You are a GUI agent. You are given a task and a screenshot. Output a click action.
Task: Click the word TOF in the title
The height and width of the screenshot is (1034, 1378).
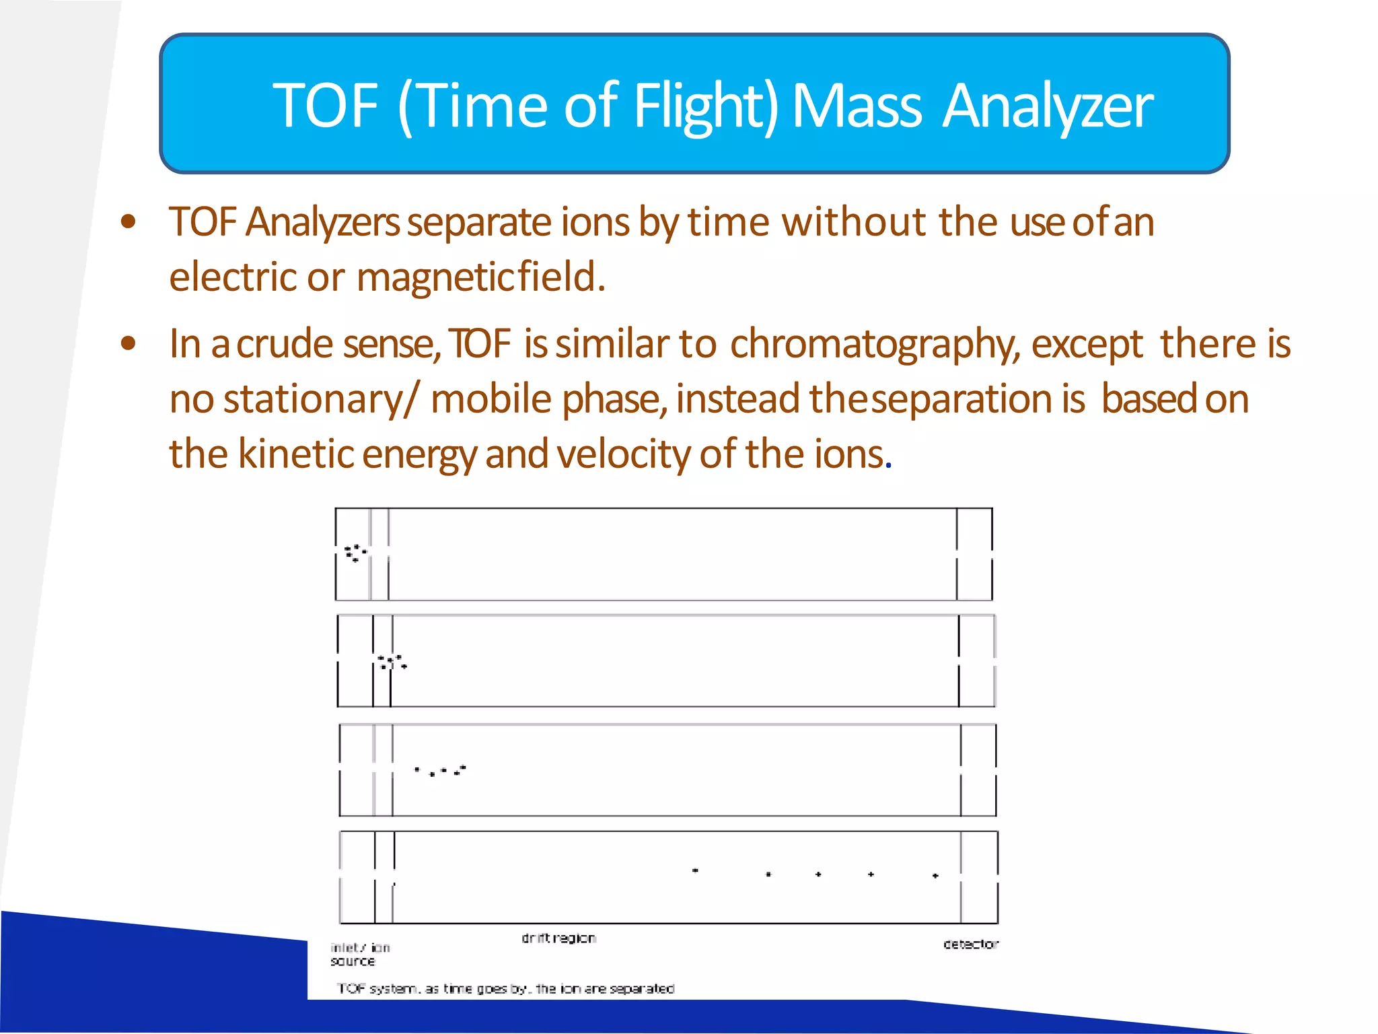[326, 106]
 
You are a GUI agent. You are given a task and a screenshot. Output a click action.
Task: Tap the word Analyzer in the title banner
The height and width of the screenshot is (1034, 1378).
[1047, 106]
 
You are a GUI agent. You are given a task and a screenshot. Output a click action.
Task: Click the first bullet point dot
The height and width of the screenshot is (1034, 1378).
[128, 221]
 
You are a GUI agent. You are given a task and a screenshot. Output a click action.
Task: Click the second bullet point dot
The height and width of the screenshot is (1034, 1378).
[128, 344]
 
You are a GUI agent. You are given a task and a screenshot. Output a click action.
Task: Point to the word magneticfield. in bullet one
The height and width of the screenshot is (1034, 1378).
[480, 277]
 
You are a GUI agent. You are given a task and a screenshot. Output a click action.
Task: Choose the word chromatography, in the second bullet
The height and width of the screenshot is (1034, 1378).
[875, 344]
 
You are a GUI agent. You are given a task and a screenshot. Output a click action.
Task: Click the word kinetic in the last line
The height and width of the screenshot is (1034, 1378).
[295, 454]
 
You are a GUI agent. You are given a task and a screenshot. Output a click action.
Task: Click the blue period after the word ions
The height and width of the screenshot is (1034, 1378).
[889, 466]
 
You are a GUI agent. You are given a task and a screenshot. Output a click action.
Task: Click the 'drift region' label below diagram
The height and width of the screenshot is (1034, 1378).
[558, 938]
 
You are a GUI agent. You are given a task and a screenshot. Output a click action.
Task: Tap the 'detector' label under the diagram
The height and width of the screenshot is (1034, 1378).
[970, 944]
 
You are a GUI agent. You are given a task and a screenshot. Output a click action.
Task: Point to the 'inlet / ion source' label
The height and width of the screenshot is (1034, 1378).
[359, 954]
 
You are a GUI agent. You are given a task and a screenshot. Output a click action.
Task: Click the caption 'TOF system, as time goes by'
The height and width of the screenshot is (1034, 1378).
[505, 988]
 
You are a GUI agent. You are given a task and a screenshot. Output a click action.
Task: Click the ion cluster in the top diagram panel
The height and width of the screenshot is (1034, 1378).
[355, 553]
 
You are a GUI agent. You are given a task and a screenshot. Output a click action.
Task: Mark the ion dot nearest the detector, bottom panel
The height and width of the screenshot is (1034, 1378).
[935, 876]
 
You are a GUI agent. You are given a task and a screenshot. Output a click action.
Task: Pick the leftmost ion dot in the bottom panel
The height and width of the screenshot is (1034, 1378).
[695, 870]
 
